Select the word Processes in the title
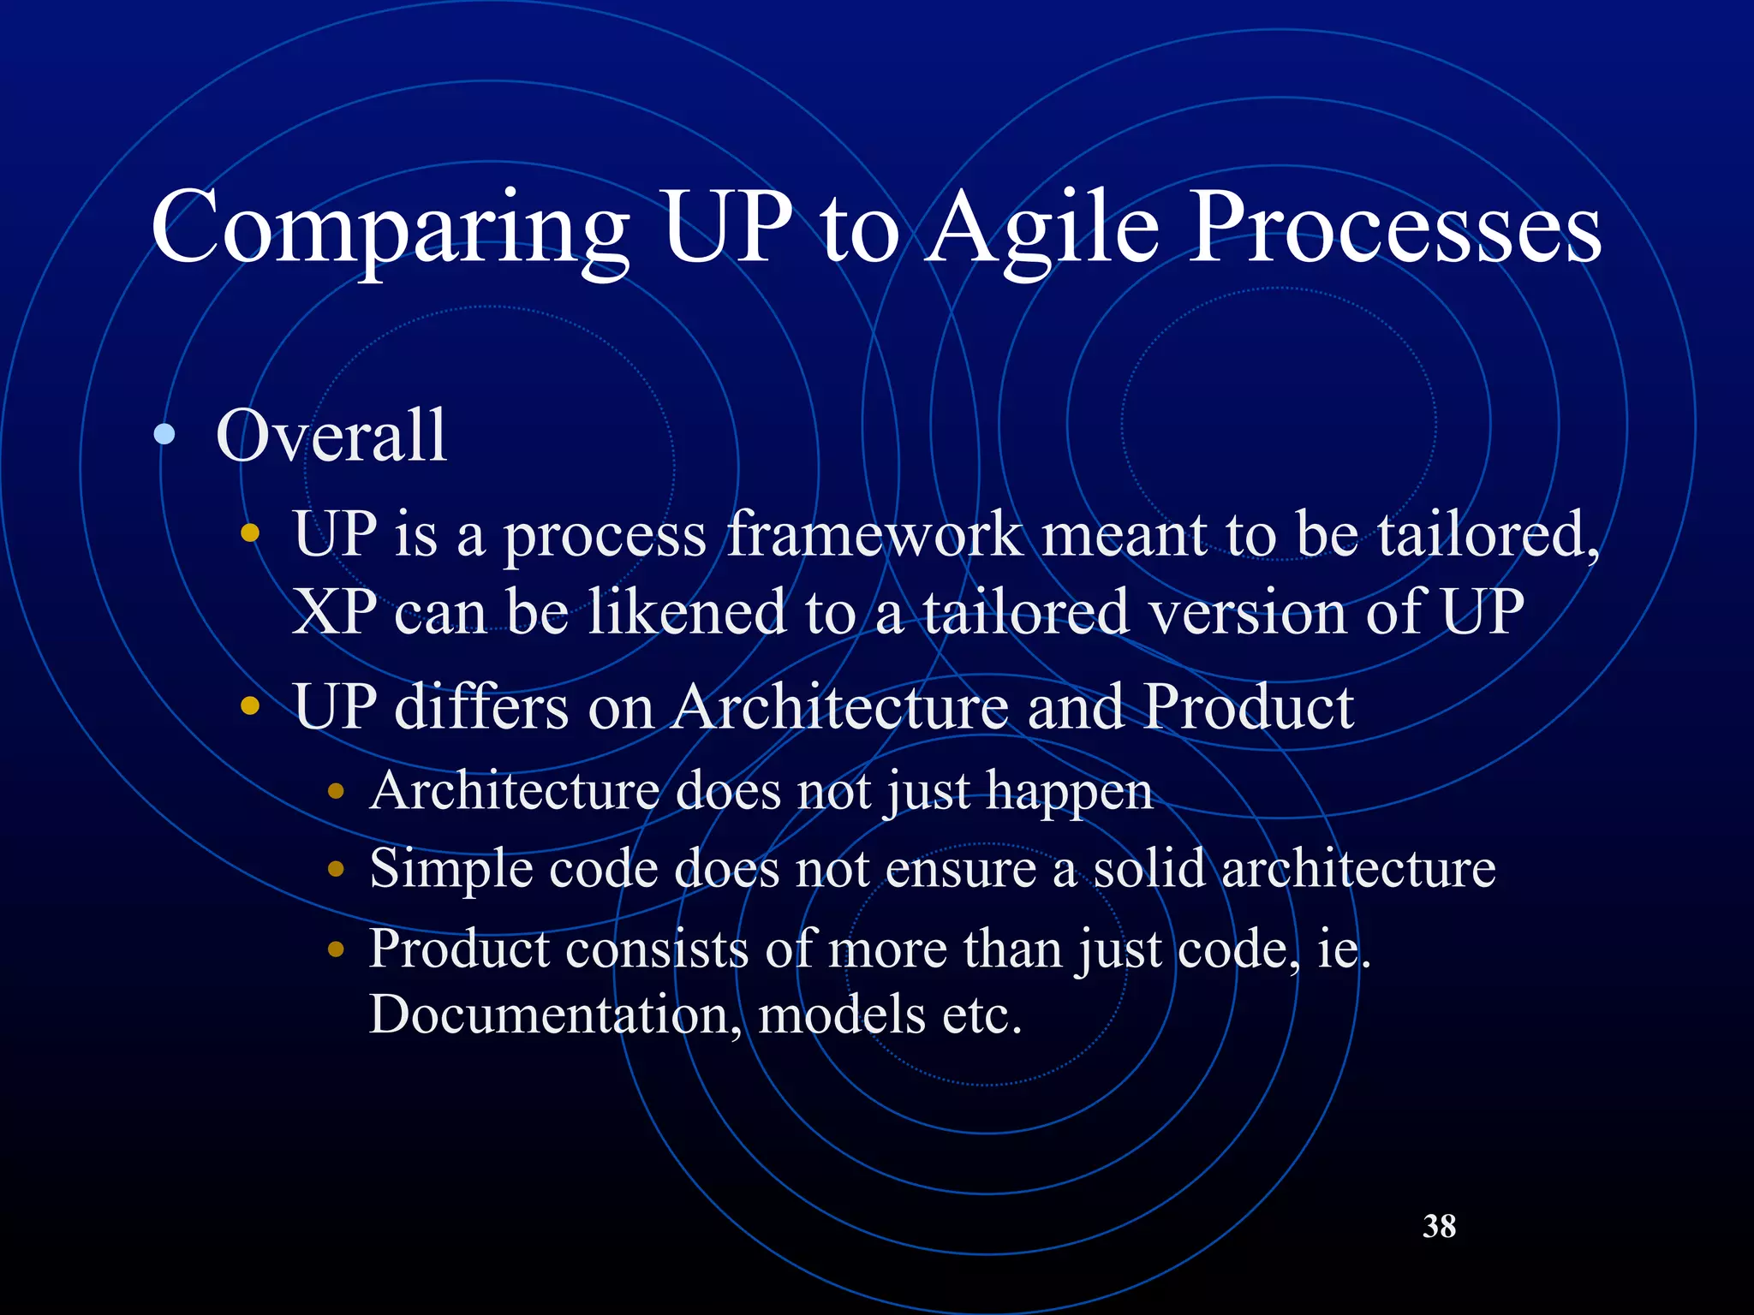1396,228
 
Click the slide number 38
1439,1226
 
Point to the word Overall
331,437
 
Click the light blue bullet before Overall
164,435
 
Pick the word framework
874,534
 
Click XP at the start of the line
334,613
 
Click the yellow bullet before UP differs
249,707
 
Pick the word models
841,1015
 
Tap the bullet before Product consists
336,949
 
